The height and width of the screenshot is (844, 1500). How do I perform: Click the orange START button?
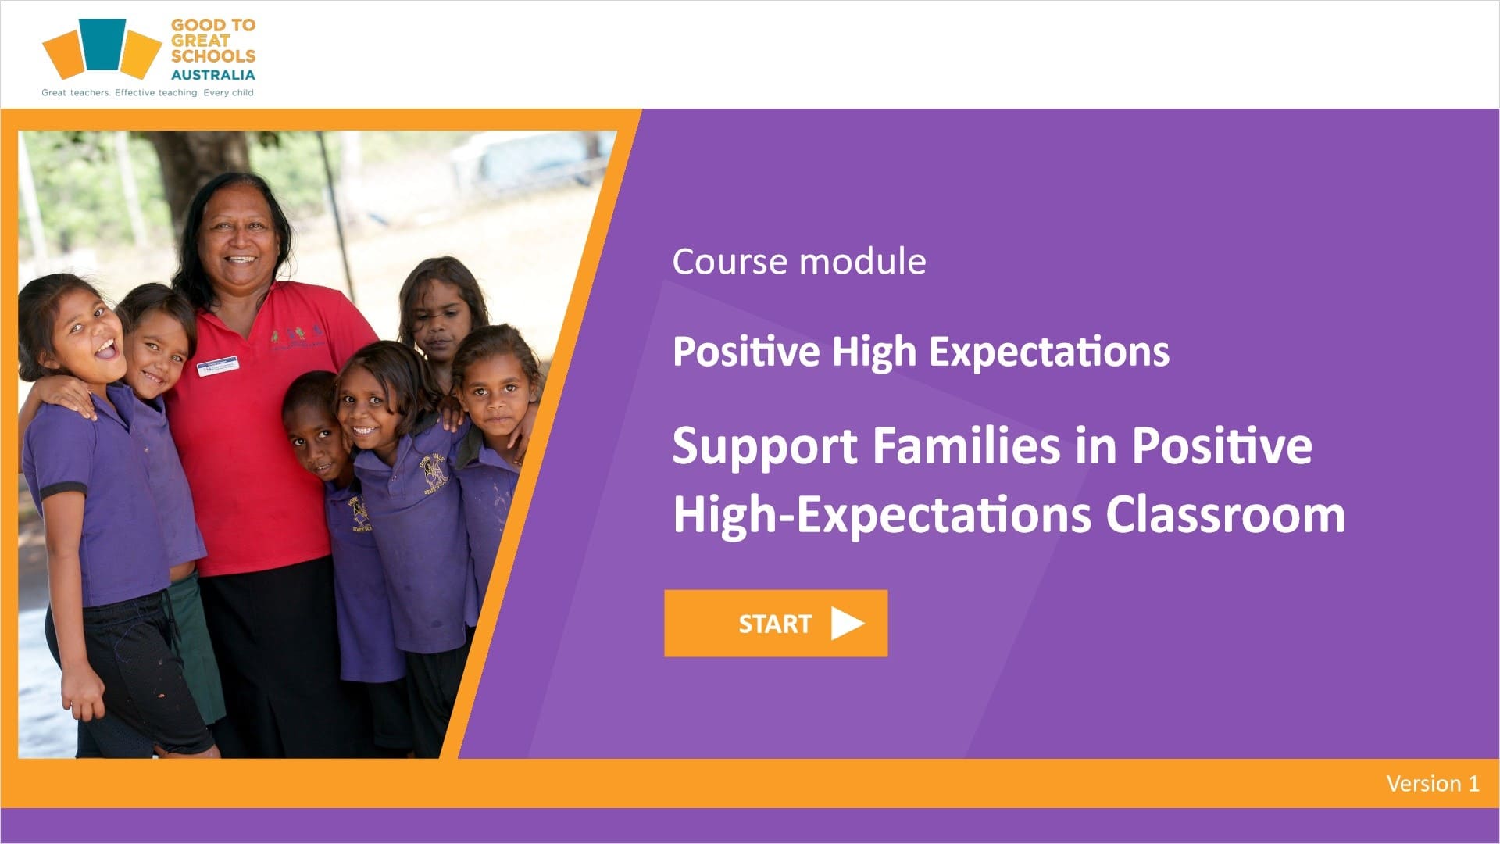tap(776, 623)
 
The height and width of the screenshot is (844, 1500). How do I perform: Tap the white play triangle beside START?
tap(848, 623)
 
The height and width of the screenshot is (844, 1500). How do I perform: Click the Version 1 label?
tap(1433, 783)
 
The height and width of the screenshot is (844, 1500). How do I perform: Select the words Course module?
tap(799, 261)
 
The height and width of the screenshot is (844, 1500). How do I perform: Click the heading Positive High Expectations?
tap(921, 351)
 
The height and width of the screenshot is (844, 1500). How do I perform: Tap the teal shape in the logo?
tap(102, 44)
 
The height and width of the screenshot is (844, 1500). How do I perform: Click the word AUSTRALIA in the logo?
tap(213, 75)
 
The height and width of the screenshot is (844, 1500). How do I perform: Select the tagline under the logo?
tap(148, 92)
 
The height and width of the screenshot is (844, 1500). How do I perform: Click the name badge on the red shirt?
tap(217, 365)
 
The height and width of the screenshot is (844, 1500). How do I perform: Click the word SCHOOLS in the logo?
tap(213, 56)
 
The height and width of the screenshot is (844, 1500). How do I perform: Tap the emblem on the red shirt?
tap(297, 338)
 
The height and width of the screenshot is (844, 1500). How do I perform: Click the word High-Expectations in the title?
tap(882, 516)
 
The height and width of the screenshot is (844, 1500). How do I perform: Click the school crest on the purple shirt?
tap(434, 474)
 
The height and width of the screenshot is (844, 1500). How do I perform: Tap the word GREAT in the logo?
tap(201, 41)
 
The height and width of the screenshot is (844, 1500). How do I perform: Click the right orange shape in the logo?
tap(141, 54)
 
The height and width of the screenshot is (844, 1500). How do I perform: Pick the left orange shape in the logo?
tap(63, 54)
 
